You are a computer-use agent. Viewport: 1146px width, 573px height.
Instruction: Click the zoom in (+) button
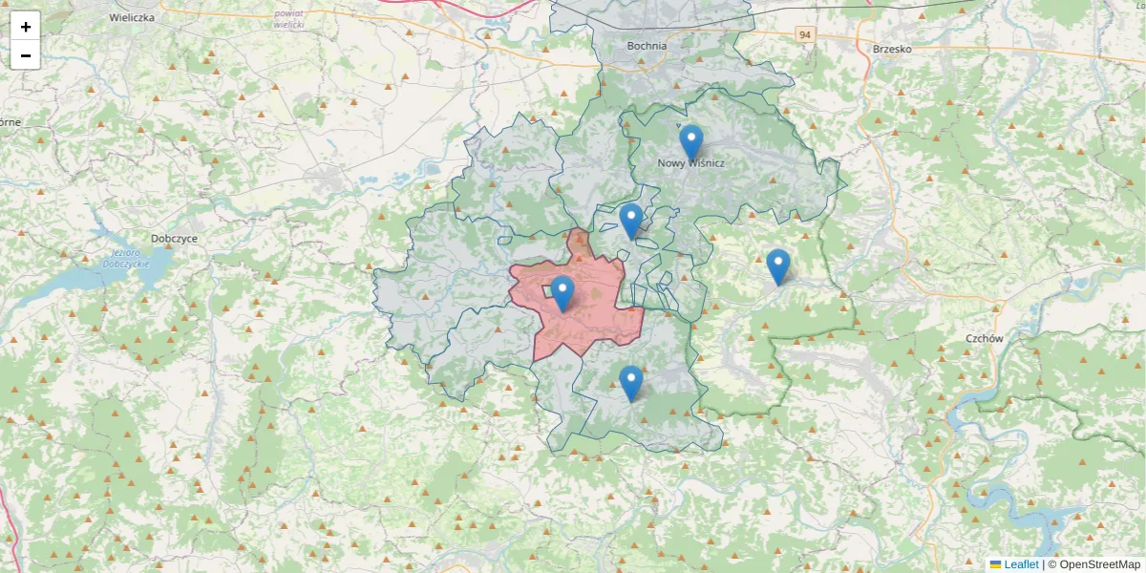tap(26, 27)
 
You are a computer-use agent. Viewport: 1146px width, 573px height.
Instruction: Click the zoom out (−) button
tap(26, 55)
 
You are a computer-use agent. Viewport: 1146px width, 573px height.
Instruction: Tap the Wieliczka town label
tap(132, 17)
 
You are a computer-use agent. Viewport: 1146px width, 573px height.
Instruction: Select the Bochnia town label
tap(647, 45)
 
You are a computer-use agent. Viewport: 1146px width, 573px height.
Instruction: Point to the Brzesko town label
tap(893, 48)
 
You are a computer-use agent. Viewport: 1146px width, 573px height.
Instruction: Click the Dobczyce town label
tap(174, 239)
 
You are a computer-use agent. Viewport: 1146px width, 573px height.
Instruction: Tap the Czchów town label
tap(984, 338)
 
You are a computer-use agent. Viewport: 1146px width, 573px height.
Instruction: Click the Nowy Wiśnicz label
tap(690, 163)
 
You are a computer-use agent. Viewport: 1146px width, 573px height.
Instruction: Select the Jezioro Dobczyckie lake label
tap(121, 258)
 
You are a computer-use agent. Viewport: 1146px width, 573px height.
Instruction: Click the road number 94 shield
tap(806, 34)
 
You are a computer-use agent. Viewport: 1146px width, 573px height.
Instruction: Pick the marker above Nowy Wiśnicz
tap(690, 141)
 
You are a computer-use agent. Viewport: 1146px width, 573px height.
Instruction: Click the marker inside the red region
tap(562, 292)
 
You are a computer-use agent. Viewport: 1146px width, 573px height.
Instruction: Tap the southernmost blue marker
tap(630, 382)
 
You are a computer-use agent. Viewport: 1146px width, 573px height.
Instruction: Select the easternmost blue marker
tap(778, 265)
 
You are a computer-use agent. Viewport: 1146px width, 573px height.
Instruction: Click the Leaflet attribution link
tap(1021, 564)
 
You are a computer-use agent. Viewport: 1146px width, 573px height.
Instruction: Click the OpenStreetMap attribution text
tap(1099, 564)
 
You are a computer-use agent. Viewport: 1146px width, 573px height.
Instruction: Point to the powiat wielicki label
tap(288, 18)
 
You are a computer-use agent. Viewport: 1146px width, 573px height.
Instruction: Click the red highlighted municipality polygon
tap(592, 325)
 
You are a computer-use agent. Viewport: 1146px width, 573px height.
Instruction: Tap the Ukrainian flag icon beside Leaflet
tap(995, 564)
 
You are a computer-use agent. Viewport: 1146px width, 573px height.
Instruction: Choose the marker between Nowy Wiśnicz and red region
tap(630, 220)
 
